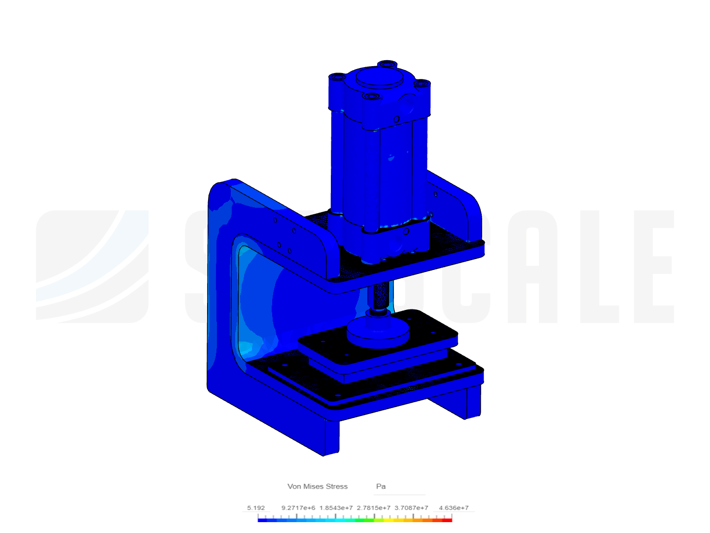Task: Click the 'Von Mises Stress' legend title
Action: coord(318,486)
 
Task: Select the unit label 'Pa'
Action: coord(381,486)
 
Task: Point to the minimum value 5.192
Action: coord(256,507)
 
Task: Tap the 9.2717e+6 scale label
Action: coord(298,507)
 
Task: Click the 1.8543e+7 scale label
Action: coord(336,507)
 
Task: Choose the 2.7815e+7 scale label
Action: coord(374,507)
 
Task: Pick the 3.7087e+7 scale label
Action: coord(411,507)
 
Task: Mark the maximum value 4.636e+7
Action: coord(454,507)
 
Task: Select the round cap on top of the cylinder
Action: coord(379,78)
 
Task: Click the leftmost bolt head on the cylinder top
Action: coord(338,77)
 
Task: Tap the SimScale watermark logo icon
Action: coord(92,266)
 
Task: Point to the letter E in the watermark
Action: coord(653,266)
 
